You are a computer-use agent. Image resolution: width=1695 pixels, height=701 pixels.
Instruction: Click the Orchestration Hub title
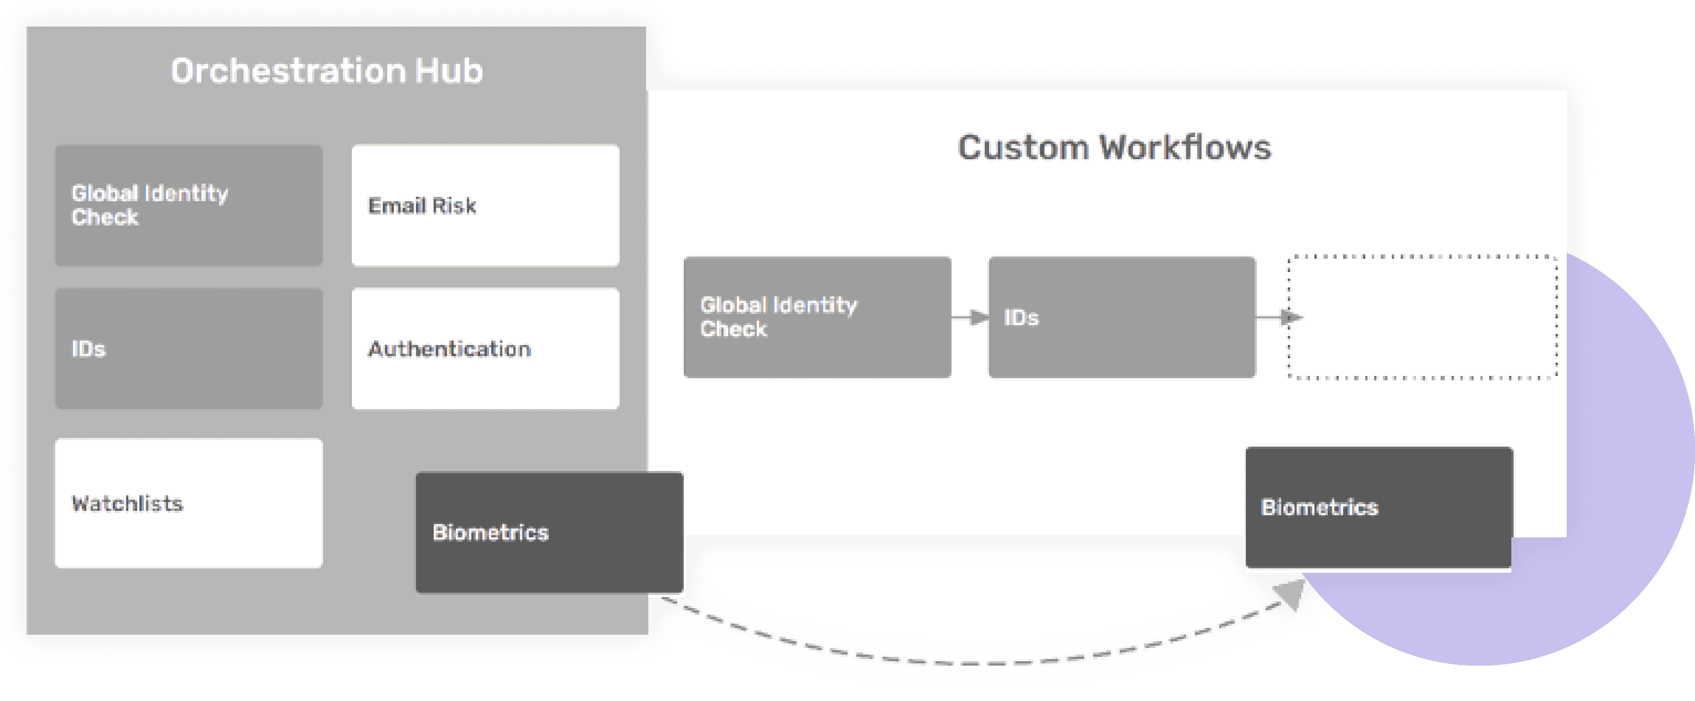tap(326, 71)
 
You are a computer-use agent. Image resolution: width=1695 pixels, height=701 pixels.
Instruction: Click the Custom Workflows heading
tap(1114, 147)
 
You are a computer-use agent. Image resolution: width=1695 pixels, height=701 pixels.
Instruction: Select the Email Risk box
tap(485, 206)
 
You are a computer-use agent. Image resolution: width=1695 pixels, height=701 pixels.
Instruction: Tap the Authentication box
tap(485, 348)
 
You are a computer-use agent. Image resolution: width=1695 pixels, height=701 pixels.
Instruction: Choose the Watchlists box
tap(188, 503)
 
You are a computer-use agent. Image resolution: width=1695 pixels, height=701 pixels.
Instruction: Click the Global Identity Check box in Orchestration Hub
tap(188, 206)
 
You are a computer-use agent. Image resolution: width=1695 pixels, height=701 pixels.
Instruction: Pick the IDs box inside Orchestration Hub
tap(188, 348)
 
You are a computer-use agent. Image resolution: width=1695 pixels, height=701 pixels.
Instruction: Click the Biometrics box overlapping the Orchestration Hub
tap(549, 532)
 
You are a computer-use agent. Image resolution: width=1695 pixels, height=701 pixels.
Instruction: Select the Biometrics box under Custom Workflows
tap(1379, 508)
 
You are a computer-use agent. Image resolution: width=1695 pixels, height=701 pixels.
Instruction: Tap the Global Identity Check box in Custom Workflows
tap(817, 317)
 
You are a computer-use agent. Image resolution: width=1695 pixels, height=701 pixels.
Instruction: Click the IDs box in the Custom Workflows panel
tap(1121, 317)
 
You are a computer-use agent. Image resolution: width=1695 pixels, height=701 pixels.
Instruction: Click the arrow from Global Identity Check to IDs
tap(970, 318)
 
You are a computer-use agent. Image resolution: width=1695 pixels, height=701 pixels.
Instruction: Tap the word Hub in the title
tap(449, 71)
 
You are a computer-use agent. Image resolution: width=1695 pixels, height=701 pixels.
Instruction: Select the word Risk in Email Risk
tap(454, 206)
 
